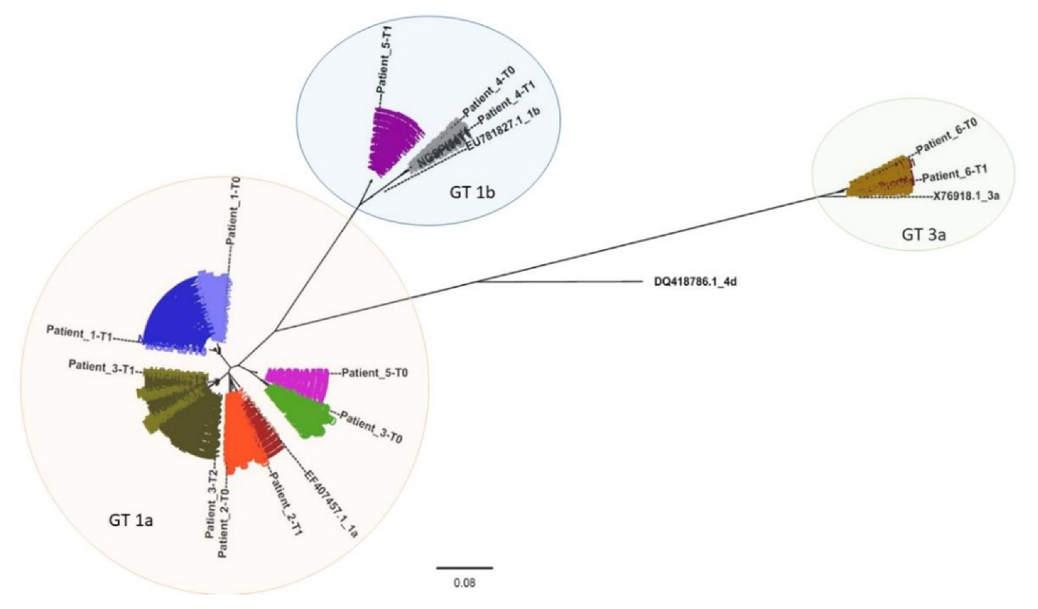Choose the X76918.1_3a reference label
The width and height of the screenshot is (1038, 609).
966,195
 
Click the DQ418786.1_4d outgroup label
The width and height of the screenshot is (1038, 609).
695,283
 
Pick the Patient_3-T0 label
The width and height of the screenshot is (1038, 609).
371,428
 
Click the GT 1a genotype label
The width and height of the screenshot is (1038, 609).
130,520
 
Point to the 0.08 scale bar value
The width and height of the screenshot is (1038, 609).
464,582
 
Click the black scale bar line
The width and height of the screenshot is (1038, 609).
464,568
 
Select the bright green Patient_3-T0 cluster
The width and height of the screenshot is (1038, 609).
300,411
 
